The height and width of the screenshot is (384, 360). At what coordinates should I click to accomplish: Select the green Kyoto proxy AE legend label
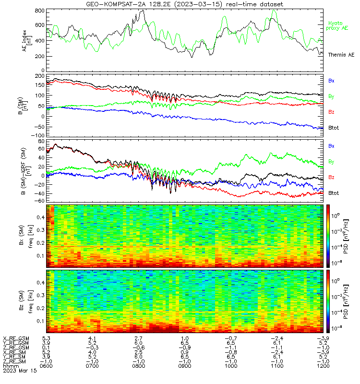tap(337, 26)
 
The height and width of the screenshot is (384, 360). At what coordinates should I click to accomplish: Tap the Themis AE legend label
tap(341, 55)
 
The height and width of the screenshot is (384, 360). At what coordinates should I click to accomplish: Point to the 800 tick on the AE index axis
tap(40, 11)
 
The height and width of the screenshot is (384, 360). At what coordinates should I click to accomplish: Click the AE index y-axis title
tap(27, 40)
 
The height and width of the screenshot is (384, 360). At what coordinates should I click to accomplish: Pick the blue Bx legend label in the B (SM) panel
tap(331, 81)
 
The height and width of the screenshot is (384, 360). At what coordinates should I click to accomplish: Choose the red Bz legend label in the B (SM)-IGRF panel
tap(331, 177)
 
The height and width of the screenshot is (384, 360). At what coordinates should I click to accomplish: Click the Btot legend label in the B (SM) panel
tap(334, 128)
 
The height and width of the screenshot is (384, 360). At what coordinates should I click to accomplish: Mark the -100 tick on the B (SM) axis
tap(38, 135)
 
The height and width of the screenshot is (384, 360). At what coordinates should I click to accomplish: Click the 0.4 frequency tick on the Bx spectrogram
tap(40, 217)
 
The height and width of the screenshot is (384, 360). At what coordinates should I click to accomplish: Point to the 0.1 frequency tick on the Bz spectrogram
tap(40, 321)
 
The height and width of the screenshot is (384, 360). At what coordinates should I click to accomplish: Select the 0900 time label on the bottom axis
tap(185, 366)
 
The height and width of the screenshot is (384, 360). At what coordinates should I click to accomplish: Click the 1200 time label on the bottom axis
tap(323, 366)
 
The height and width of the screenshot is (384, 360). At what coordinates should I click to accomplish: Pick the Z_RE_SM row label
tap(14, 361)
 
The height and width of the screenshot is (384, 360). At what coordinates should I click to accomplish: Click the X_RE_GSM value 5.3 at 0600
tap(46, 338)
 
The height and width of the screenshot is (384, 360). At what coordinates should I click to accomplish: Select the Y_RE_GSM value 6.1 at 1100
tap(277, 343)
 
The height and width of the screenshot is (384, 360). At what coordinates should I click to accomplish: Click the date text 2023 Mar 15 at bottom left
tap(20, 371)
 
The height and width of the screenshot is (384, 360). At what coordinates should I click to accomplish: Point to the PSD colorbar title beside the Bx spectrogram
tap(346, 237)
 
